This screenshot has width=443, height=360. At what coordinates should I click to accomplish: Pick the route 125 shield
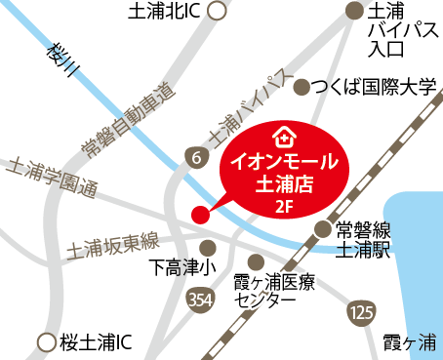[361, 312]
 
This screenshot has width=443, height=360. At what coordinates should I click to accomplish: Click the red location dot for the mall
[199, 214]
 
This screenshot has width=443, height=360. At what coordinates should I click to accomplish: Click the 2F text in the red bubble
[284, 206]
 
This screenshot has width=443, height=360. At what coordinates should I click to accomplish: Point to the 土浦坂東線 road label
[113, 245]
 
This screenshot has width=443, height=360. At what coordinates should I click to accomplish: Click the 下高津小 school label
[182, 266]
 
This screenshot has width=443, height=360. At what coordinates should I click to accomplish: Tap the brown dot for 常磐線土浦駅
[324, 230]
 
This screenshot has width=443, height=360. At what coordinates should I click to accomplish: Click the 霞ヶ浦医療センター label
[274, 291]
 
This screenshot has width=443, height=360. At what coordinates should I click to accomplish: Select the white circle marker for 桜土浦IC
[43, 342]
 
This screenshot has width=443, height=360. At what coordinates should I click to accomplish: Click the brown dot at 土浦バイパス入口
[354, 12]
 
